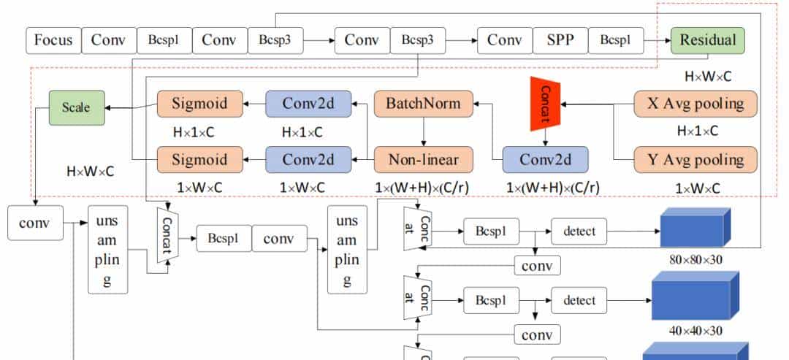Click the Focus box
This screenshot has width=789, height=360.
click(53, 40)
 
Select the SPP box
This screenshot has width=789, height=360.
click(560, 40)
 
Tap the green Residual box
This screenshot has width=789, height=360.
click(707, 40)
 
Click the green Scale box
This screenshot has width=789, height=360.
click(76, 107)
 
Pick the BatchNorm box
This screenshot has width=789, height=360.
click(423, 104)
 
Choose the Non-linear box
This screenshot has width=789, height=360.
click(423, 159)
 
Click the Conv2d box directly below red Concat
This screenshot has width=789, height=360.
click(546, 159)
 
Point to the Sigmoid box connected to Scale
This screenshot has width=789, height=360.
click(199, 104)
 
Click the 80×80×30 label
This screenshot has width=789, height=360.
click(695, 259)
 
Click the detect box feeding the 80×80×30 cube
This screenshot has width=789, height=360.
click(579, 232)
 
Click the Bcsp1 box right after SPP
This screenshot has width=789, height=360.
click(615, 40)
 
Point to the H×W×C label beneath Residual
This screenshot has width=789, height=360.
click(708, 76)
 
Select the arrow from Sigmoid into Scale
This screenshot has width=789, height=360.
click(131, 106)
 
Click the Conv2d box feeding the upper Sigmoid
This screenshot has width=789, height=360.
click(308, 104)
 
